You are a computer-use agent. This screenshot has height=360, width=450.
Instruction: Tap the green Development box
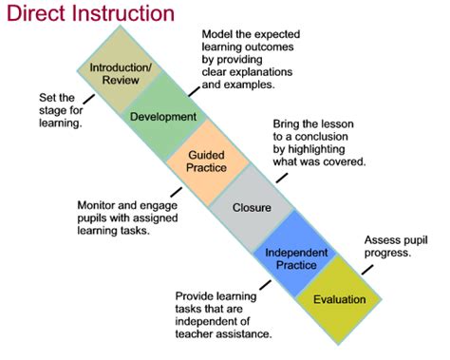pyautogui.click(x=162, y=116)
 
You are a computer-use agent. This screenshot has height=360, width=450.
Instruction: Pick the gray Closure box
pyautogui.click(x=252, y=206)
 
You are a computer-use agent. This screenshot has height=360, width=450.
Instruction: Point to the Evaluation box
pyautogui.click(x=338, y=300)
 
